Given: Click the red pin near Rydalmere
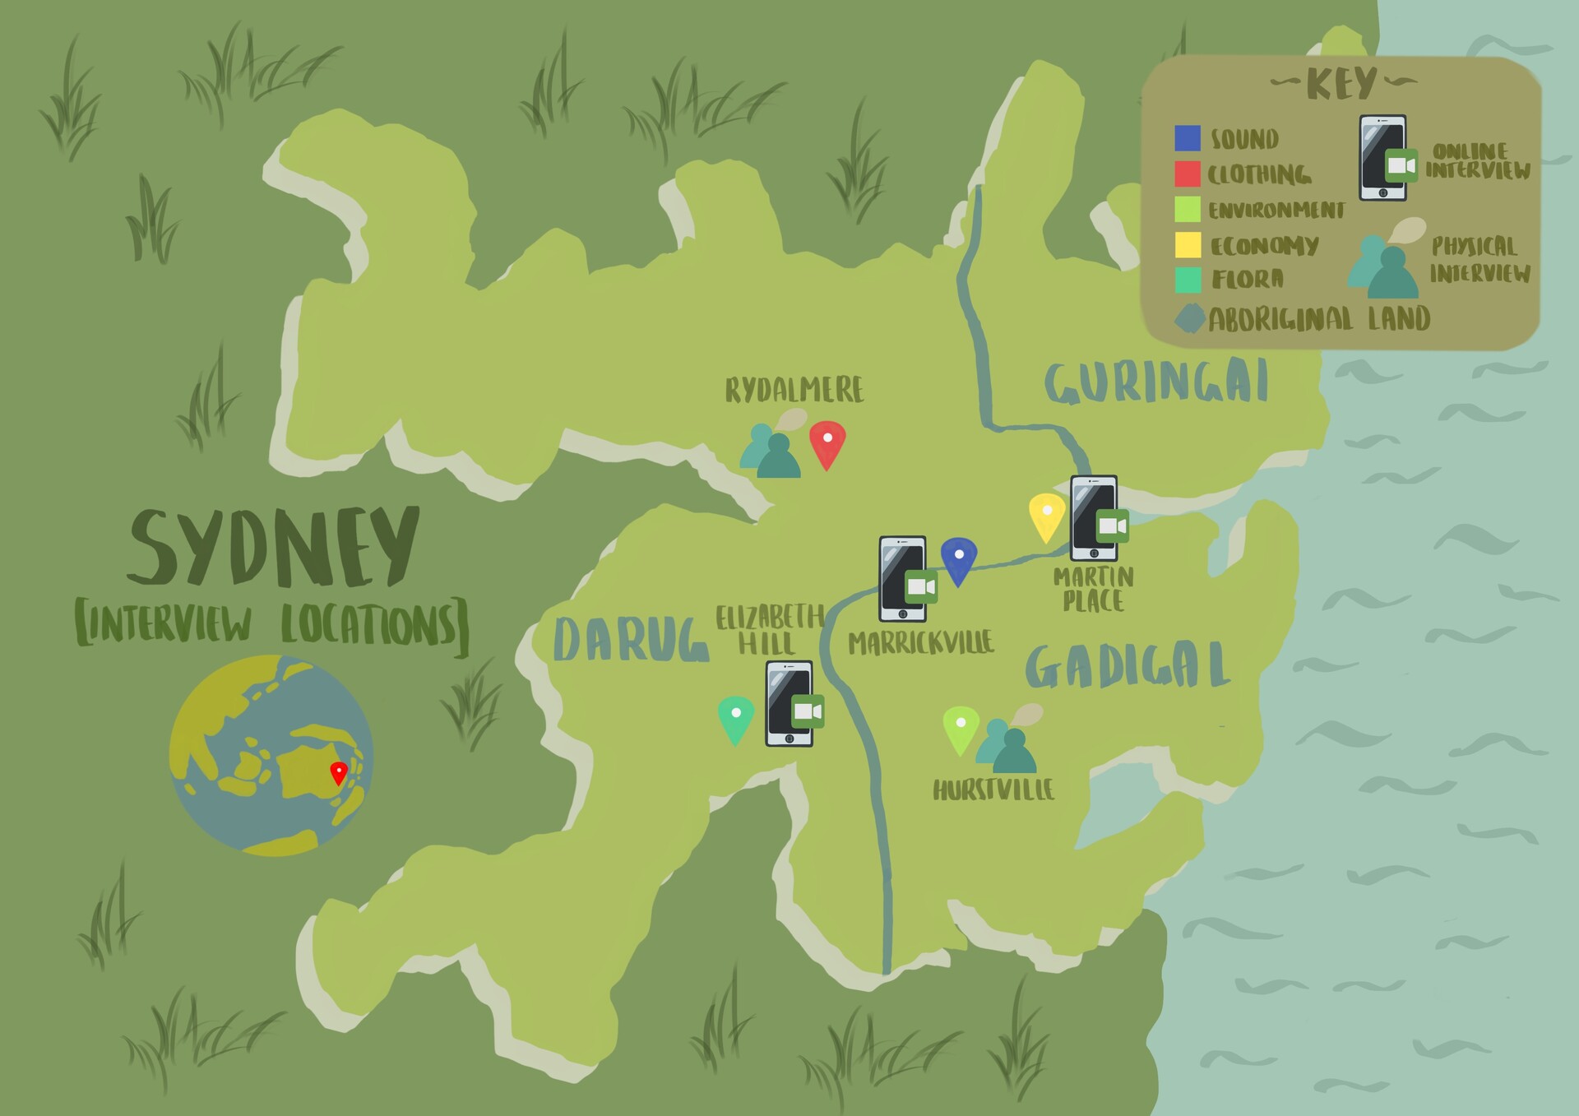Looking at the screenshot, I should tap(827, 442).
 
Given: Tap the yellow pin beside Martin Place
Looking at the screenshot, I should tap(1047, 515).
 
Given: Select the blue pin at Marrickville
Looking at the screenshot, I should tap(959, 559).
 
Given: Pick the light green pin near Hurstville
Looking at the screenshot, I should tap(961, 727).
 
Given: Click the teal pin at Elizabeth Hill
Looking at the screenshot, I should tap(736, 717).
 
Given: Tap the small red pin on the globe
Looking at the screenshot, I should tap(338, 772).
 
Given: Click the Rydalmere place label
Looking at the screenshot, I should tap(794, 390).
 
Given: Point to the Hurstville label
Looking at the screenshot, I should tap(993, 790).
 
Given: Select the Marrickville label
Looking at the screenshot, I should tap(921, 642).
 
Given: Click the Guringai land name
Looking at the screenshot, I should tap(1156, 382).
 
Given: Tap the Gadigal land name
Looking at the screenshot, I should tap(1128, 665).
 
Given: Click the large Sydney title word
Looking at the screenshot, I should tap(274, 546).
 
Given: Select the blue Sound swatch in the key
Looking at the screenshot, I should tap(1188, 138).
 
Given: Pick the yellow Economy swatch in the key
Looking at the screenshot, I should tap(1188, 245).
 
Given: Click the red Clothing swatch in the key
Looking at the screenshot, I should tap(1188, 174).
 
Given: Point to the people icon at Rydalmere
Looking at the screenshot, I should tap(771, 451).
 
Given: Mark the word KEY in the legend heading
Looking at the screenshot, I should tap(1341, 84).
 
